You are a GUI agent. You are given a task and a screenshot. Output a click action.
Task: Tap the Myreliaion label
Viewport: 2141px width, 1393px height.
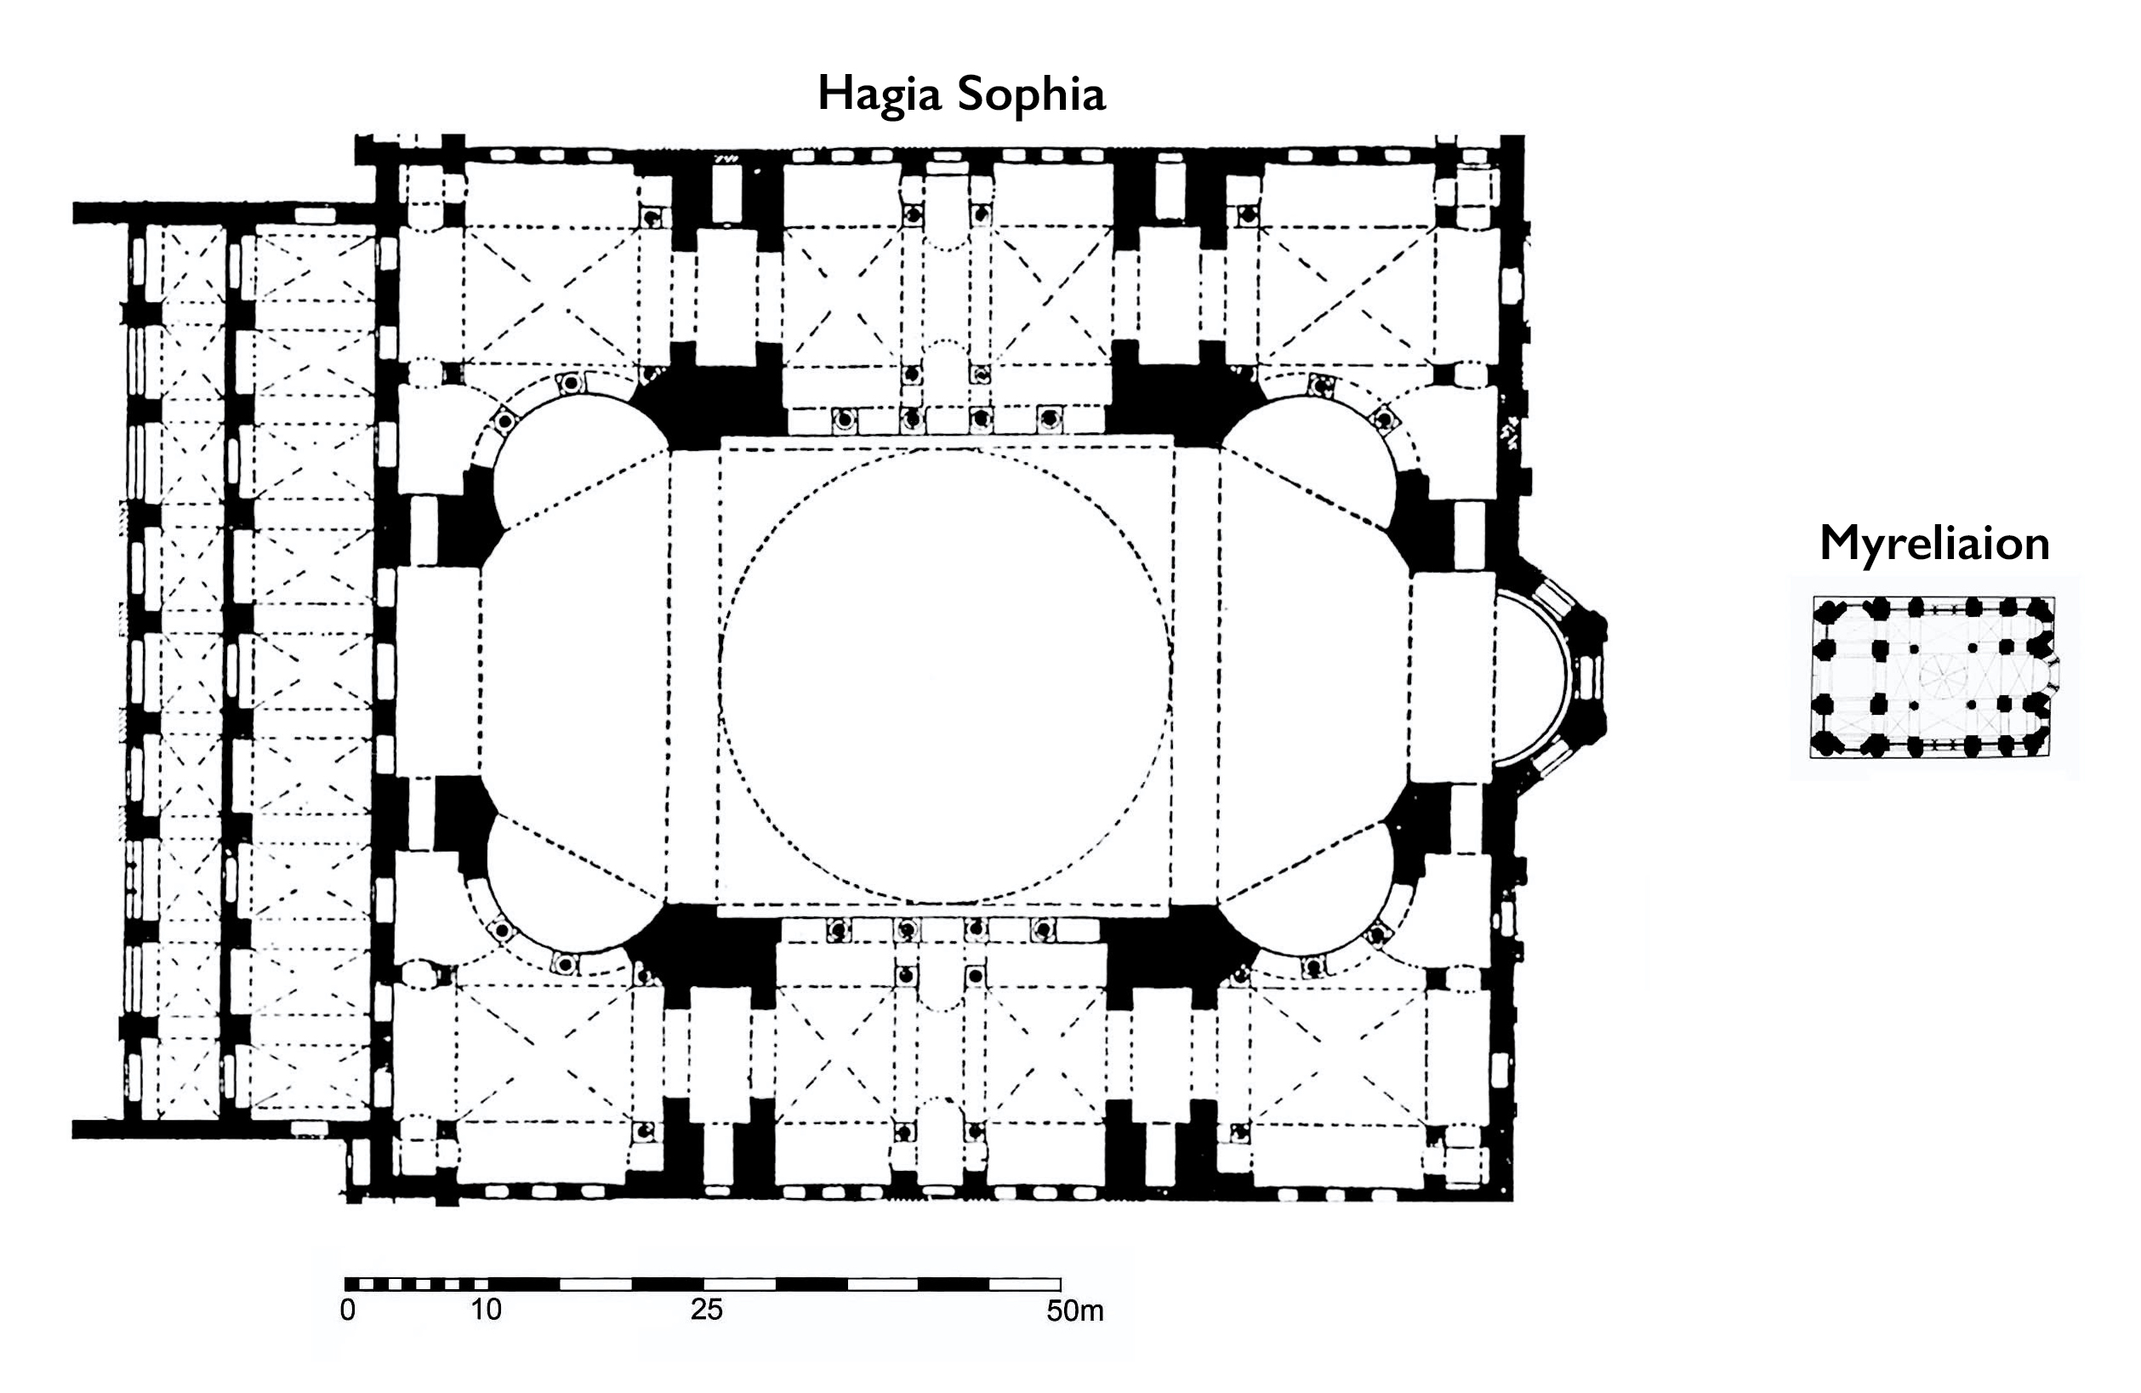[x=1934, y=544]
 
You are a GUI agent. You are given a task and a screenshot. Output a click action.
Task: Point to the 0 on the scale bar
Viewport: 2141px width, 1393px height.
[x=348, y=1310]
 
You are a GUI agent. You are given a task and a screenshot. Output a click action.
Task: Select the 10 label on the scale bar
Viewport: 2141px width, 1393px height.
[x=486, y=1310]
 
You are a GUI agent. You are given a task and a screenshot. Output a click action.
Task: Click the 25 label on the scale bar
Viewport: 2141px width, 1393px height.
[x=706, y=1310]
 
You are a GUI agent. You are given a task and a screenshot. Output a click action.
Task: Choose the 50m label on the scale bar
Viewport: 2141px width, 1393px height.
[x=1075, y=1310]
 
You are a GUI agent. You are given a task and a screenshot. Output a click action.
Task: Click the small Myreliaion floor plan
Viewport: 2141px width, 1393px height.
[x=1934, y=677]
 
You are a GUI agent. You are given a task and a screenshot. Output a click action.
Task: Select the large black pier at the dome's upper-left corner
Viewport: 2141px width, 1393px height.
[x=715, y=396]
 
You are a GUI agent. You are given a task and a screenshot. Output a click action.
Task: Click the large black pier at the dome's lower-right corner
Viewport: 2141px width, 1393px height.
[x=1178, y=954]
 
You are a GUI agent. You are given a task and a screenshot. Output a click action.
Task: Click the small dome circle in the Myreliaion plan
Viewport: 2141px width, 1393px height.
[x=1943, y=677]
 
